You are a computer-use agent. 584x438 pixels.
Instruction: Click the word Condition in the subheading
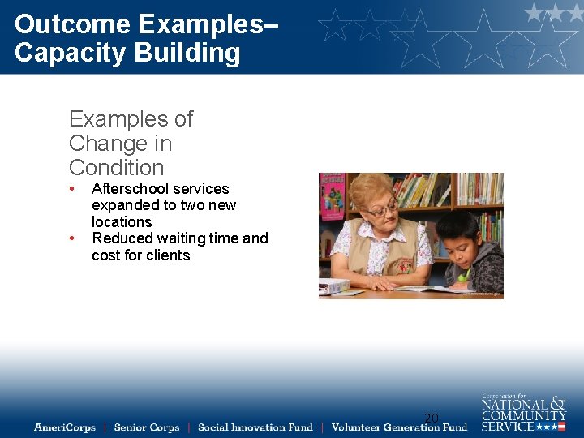coord(116,168)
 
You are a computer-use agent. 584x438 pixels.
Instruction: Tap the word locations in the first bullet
coord(122,222)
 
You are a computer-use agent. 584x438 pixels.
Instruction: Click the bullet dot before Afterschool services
coord(73,189)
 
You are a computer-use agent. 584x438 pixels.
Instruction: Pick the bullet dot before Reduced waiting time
coord(73,238)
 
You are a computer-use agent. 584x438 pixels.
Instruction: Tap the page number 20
coord(432,419)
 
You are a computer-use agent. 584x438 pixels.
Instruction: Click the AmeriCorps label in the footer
coord(64,427)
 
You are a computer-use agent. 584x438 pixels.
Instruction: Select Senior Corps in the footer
coord(146,427)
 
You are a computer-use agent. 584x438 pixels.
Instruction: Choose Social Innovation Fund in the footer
coord(255,427)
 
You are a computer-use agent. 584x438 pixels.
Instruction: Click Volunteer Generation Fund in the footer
coord(399,427)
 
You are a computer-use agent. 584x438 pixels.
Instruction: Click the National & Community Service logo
coord(523,413)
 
